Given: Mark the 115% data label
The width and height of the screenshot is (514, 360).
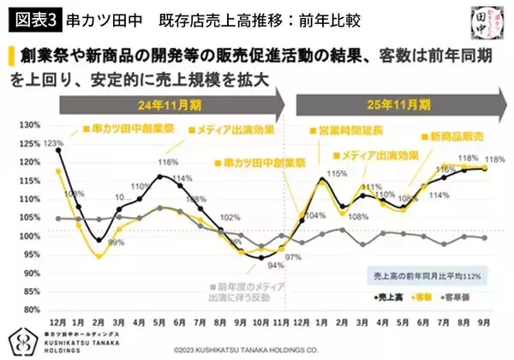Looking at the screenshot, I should tap(336, 173).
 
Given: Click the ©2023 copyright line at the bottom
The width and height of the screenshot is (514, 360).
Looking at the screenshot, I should tap(257, 350).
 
